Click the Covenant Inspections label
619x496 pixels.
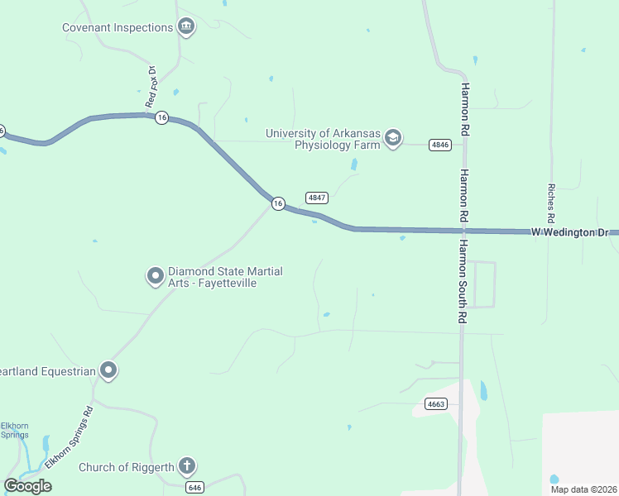118,27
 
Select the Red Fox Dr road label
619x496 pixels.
151,86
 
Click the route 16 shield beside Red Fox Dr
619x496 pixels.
162,118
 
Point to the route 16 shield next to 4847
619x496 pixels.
279,203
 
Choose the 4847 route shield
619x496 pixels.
317,198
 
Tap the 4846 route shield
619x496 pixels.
439,145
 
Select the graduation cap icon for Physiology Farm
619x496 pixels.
393,137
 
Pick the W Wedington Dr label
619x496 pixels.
569,232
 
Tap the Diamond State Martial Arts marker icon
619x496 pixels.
155,276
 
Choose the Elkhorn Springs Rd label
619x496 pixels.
70,438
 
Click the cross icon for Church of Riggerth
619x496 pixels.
187,467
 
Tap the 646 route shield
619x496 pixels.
194,488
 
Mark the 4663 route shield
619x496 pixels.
436,404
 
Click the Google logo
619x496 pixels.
27,486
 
